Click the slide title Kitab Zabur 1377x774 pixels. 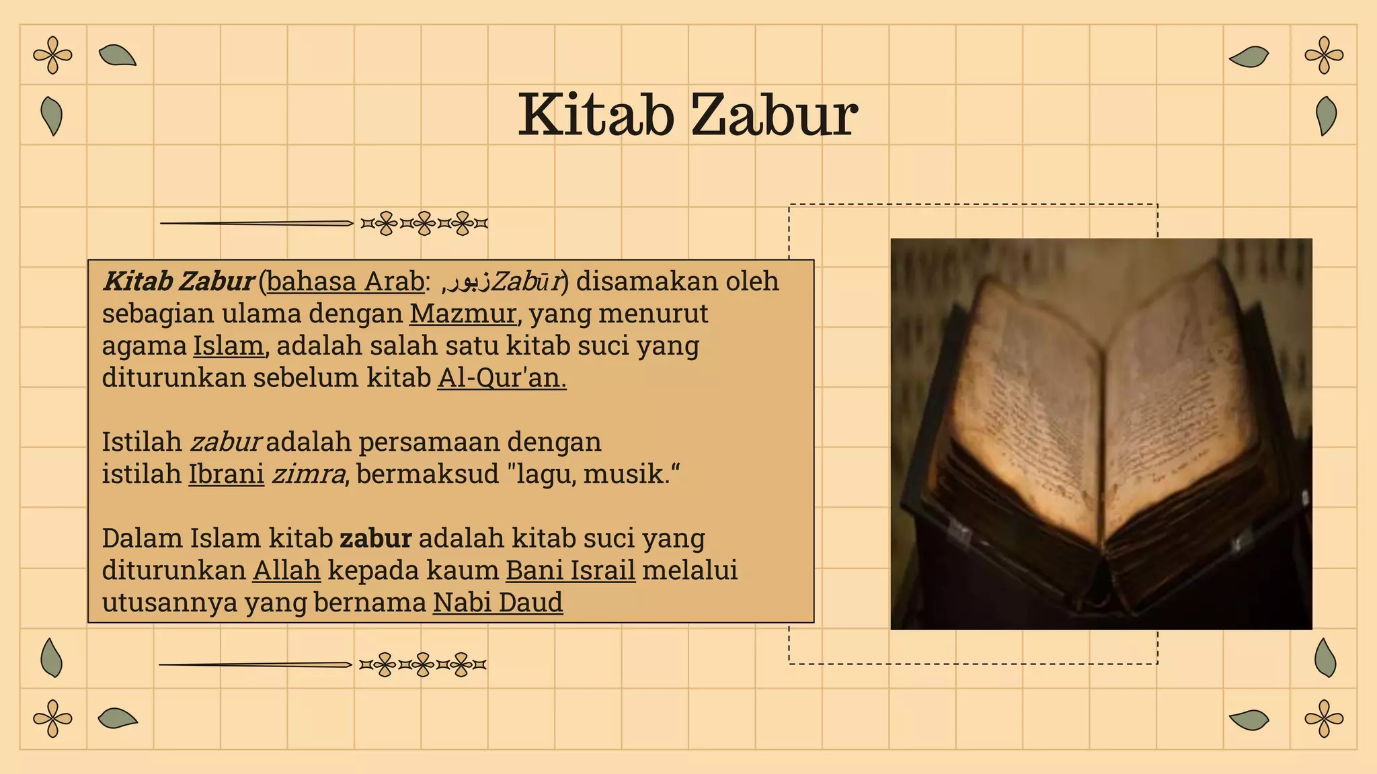687,116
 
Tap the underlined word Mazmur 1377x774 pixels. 463,314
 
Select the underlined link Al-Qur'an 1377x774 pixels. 502,378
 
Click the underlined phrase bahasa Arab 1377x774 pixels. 346,282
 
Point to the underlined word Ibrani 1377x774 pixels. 226,474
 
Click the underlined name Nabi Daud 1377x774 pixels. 498,603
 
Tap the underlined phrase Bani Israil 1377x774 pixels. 570,570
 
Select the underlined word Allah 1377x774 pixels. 286,570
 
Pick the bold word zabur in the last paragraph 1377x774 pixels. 375,538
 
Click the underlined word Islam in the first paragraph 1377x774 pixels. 229,346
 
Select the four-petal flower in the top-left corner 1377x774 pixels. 52,55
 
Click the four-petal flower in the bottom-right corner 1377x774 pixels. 1324,718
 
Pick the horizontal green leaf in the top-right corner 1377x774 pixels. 1249,57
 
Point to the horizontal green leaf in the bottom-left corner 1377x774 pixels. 117,718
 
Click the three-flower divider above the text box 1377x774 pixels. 424,223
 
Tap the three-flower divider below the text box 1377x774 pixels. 422,665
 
